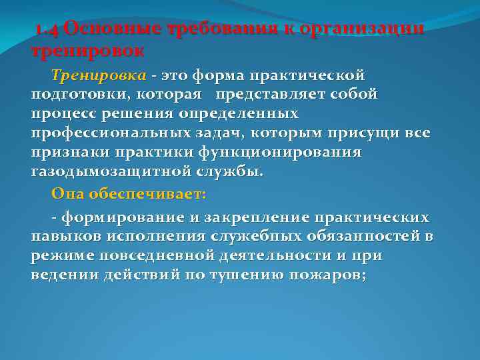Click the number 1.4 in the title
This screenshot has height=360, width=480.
tap(48, 31)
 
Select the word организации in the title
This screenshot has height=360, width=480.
tap(361, 31)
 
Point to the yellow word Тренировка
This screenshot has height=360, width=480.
tap(89, 75)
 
